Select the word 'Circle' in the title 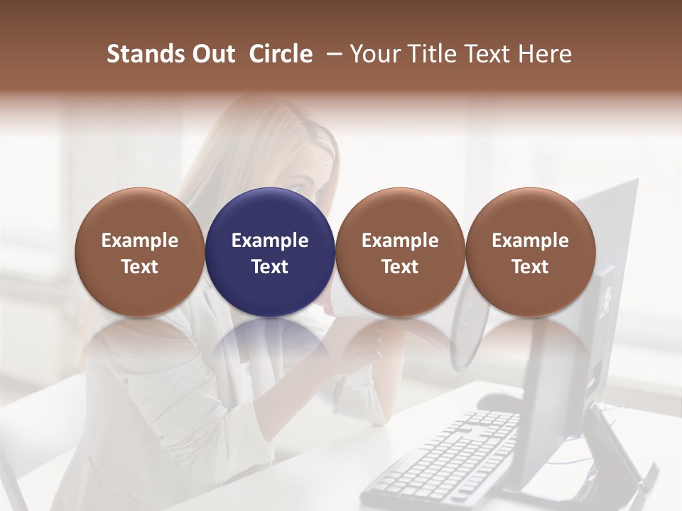pyautogui.click(x=281, y=54)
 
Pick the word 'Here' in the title pyautogui.click(x=545, y=54)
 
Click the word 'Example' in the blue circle pyautogui.click(x=270, y=241)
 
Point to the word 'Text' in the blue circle pyautogui.click(x=270, y=267)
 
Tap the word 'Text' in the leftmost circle pyautogui.click(x=140, y=267)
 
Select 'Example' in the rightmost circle pyautogui.click(x=530, y=241)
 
